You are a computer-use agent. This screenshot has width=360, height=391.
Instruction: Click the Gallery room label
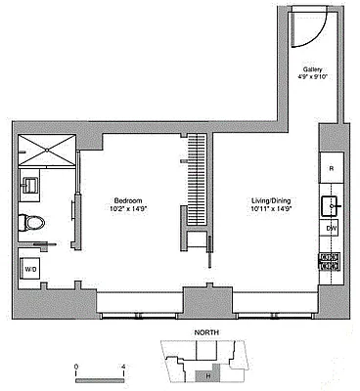click(x=313, y=69)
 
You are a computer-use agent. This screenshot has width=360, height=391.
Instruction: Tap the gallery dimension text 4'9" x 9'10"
click(x=313, y=78)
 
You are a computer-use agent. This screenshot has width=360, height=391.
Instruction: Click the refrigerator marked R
click(x=331, y=167)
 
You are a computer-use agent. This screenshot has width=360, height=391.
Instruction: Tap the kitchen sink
click(x=331, y=204)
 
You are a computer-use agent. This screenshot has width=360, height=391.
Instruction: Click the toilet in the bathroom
click(x=34, y=223)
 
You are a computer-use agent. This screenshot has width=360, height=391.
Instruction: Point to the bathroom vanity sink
click(x=30, y=184)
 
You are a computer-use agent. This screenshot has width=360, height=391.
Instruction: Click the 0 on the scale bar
click(x=75, y=369)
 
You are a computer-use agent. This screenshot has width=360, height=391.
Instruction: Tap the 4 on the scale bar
click(x=123, y=369)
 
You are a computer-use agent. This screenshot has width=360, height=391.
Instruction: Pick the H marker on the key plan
click(x=207, y=374)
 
